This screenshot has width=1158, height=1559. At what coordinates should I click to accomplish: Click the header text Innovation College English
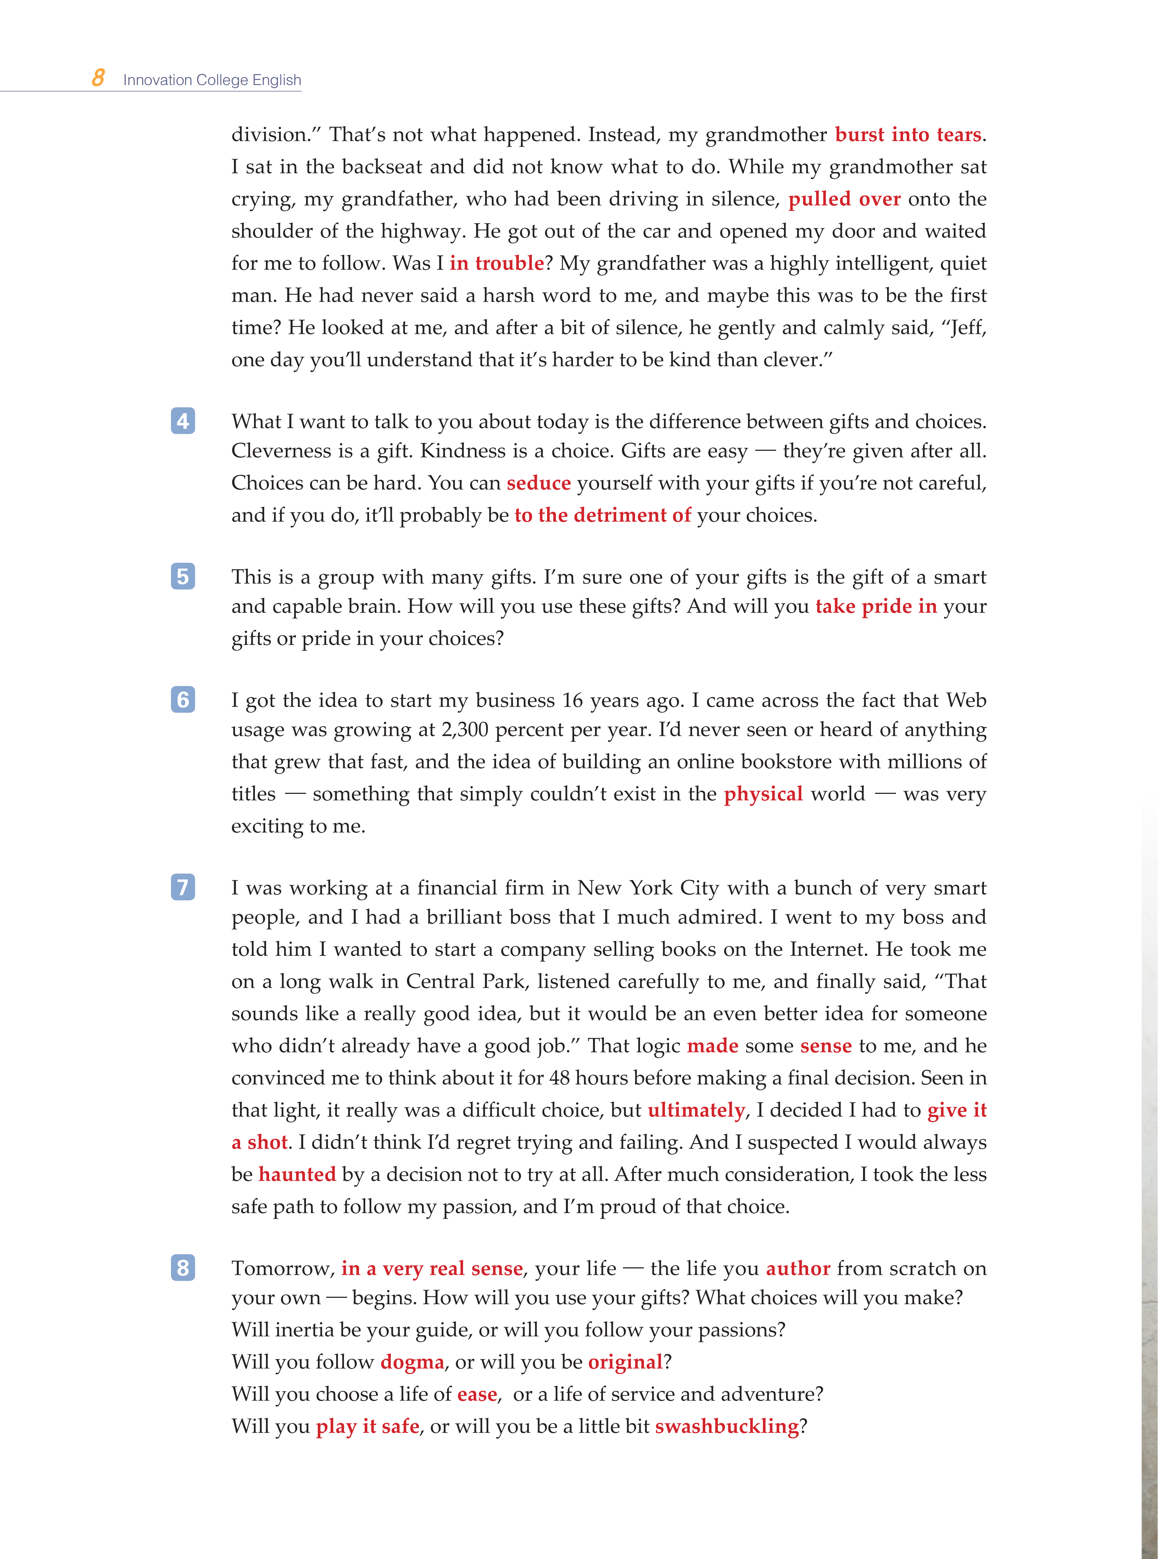point(212,80)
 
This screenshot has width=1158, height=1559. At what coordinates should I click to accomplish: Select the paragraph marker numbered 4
point(183,420)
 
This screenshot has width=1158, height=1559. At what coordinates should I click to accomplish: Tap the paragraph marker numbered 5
point(183,576)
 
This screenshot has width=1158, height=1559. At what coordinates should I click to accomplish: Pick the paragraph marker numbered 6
point(183,699)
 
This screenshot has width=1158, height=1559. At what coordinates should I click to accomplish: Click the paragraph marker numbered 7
point(183,887)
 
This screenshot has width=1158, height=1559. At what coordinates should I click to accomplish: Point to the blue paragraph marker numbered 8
point(183,1268)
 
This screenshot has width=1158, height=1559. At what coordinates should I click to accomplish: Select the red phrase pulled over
point(844,199)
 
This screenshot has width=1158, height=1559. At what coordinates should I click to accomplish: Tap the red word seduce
point(538,483)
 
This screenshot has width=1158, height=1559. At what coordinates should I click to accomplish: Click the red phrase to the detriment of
point(603,515)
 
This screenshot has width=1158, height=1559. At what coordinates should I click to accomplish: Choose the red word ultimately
point(695,1110)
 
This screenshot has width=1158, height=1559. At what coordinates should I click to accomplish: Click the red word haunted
point(297,1174)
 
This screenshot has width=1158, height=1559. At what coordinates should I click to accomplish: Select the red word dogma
point(412,1362)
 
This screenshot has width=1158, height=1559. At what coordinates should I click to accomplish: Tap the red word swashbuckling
point(726,1426)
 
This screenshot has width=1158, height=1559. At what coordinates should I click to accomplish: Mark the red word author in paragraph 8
point(798,1268)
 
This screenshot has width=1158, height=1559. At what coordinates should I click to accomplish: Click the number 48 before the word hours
point(559,1078)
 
